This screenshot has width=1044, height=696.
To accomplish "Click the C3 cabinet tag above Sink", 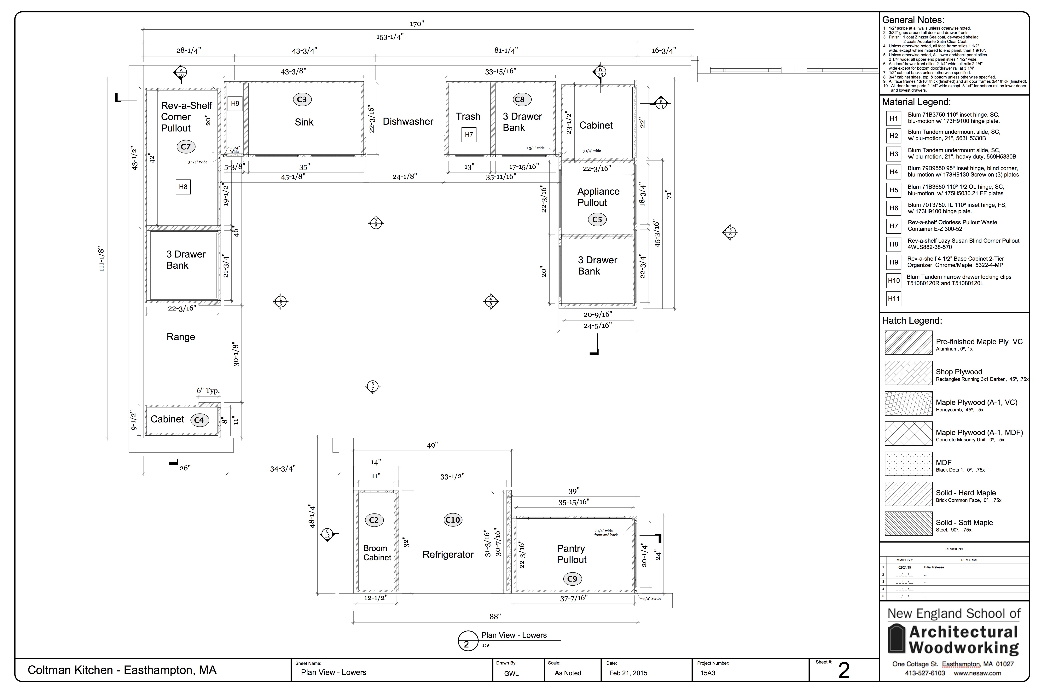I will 302,99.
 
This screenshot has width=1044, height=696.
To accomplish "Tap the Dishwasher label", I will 408,122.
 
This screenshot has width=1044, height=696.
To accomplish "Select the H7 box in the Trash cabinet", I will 469,135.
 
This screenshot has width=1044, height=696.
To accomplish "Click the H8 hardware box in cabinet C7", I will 183,187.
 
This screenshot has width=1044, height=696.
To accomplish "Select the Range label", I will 181,337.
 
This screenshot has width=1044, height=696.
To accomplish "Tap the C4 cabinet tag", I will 199,420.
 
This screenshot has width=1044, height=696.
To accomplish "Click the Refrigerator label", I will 448,554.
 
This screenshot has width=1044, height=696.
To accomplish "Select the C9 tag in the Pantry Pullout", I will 572,579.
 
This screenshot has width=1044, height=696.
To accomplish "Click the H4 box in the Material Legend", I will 894,172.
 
